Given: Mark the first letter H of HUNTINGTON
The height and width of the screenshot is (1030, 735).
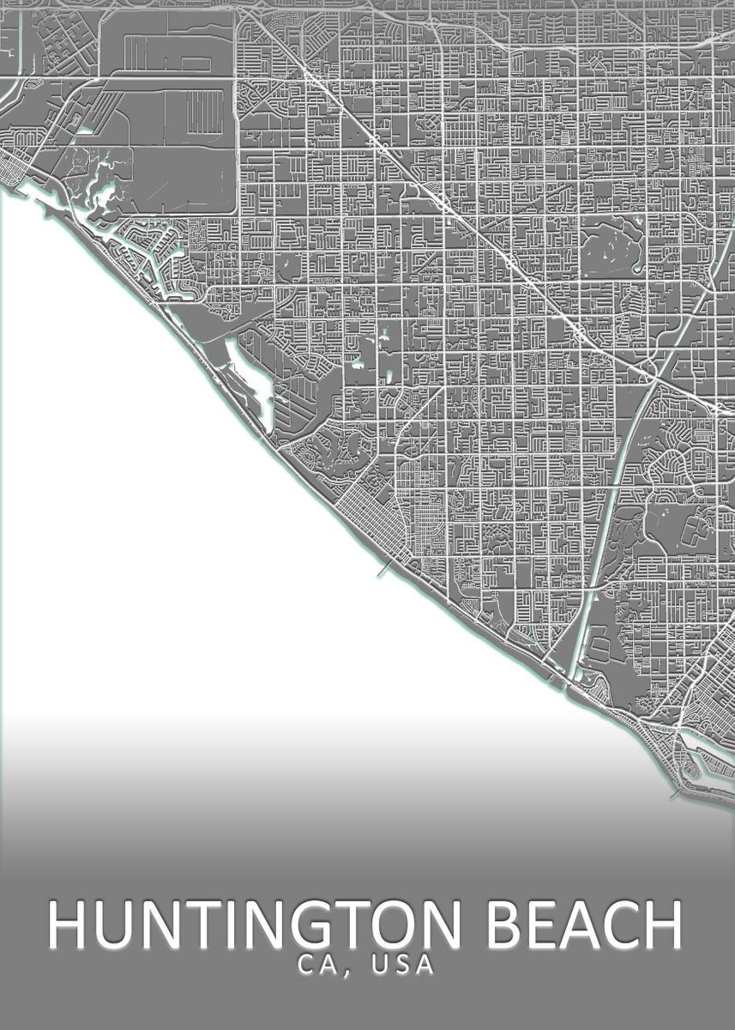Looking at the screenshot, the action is click(x=67, y=925).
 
